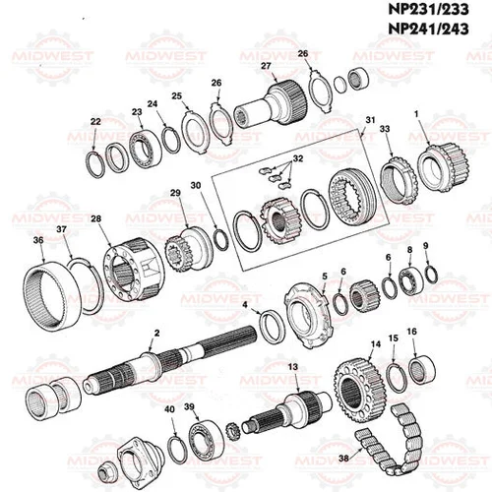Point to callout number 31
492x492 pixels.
(371, 120)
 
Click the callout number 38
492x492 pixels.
(343, 458)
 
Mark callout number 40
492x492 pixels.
(169, 408)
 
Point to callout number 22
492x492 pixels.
(95, 121)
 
